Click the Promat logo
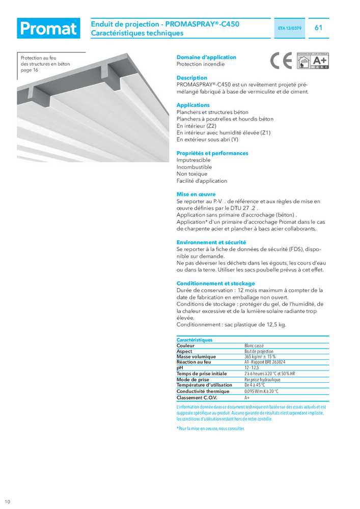48,29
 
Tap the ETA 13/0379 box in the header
291,29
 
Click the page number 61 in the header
319,28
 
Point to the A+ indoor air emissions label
313,61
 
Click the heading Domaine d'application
206,58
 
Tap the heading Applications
193,105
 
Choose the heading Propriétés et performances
212,153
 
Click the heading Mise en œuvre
196,194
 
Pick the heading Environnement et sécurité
211,242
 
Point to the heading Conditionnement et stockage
215,284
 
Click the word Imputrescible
193,160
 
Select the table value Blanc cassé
254,346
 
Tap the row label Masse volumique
196,357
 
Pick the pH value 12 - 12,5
252,367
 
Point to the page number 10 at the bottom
7,502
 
